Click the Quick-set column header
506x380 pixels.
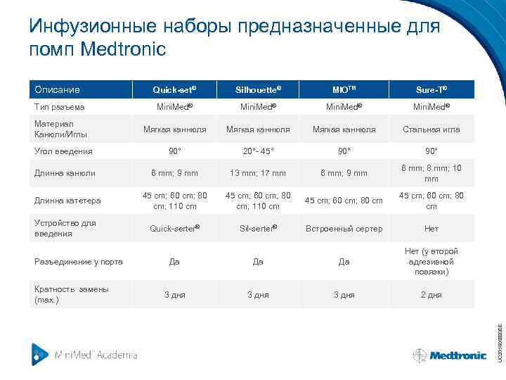coord(174,90)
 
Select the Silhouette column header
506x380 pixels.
coord(258,90)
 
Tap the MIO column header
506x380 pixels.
coord(344,90)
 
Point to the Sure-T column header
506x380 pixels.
coord(431,90)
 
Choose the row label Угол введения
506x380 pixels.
coord(63,151)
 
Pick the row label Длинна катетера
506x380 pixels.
coord(67,201)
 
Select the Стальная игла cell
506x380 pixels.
coord(431,129)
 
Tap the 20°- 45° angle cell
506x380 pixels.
coord(258,151)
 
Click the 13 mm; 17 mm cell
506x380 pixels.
coord(258,173)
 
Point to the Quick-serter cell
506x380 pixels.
coord(174,229)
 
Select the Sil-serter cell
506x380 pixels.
coord(258,229)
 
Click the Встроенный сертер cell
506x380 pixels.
coord(344,229)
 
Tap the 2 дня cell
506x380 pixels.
coord(431,295)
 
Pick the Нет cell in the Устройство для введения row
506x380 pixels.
coord(431,229)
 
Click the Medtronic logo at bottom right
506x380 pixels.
coord(450,355)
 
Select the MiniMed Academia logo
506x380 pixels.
coord(84,354)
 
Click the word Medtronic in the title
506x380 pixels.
coord(124,49)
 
